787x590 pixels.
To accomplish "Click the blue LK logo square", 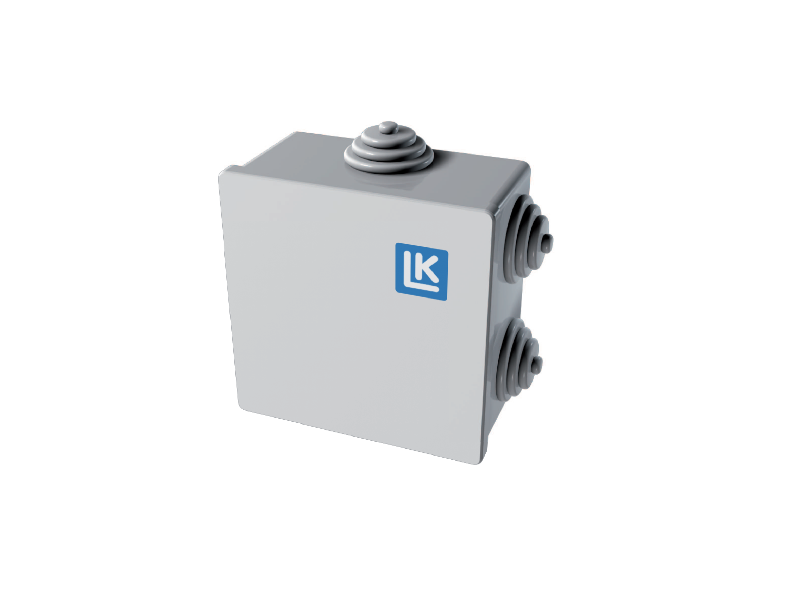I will [x=422, y=271].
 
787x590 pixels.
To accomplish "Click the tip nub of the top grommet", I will [x=388, y=127].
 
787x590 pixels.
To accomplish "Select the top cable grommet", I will [x=389, y=151].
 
